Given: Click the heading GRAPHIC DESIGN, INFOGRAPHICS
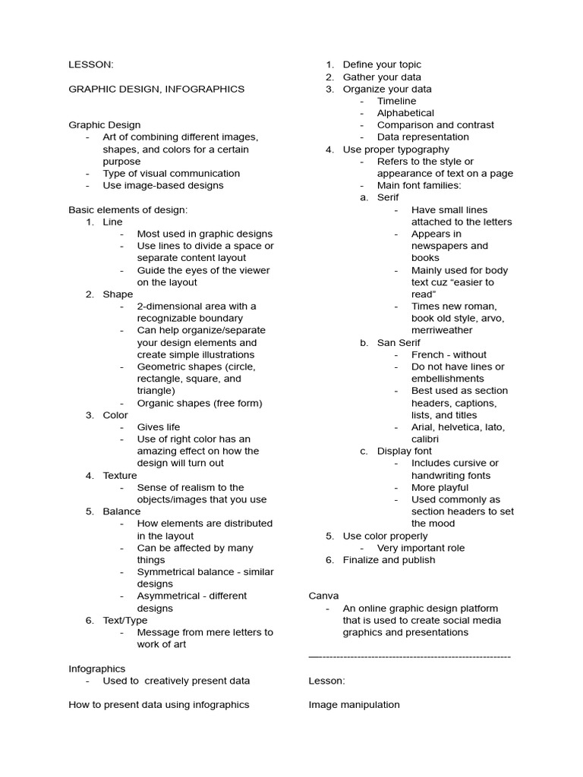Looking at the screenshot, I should click(156, 89).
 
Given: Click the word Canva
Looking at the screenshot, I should click(323, 596).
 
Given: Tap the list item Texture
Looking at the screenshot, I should click(120, 475).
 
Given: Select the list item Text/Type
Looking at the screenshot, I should click(125, 620).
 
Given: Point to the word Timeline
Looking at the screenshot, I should click(396, 101).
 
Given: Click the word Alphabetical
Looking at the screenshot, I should click(405, 113).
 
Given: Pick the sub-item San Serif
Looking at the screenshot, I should click(399, 342).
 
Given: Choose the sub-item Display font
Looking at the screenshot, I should click(404, 451).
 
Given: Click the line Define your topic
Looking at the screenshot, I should click(382, 64).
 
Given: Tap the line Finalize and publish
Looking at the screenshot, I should click(389, 559).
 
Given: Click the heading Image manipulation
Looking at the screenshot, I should click(354, 704).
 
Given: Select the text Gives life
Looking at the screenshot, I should click(159, 427).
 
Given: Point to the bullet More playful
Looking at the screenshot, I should click(440, 487).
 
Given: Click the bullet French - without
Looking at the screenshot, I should click(449, 354).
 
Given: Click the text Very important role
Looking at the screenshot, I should click(421, 548).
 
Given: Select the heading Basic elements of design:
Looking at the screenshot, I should click(128, 209).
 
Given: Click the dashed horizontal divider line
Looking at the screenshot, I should click(410, 656).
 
